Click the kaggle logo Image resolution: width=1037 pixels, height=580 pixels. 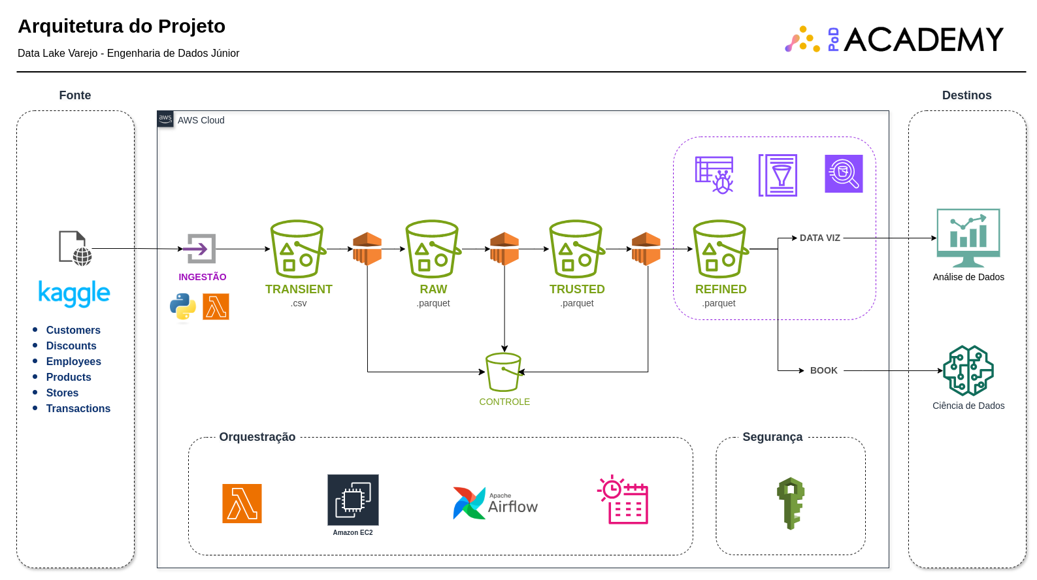[x=74, y=294]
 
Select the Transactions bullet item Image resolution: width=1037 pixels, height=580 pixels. [x=78, y=408]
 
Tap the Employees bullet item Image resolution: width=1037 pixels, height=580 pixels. [x=73, y=361]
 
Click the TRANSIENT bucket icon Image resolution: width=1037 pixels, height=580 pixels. [x=297, y=249]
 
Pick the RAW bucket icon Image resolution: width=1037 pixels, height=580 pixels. [x=433, y=249]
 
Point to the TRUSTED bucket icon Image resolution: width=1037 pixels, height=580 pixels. [x=576, y=249]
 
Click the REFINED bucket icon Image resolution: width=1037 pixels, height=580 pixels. [x=720, y=249]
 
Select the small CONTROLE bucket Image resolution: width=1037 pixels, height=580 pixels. [x=503, y=372]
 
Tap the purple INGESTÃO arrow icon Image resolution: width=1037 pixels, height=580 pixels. [x=201, y=248]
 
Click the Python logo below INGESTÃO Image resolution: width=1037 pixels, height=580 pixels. [x=183, y=306]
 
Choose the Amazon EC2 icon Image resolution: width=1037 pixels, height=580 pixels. [x=353, y=500]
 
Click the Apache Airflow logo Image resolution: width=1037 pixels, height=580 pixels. [x=495, y=503]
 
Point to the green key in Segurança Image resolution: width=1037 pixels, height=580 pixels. [x=791, y=502]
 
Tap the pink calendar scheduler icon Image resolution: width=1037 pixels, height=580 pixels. [x=623, y=500]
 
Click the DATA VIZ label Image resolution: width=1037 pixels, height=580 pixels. [x=819, y=238]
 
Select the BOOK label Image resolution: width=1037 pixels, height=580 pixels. [x=823, y=370]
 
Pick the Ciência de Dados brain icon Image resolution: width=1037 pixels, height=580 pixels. [x=968, y=370]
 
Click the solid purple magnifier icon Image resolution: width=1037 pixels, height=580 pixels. [x=844, y=174]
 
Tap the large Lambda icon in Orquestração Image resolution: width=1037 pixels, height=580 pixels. [x=242, y=504]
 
